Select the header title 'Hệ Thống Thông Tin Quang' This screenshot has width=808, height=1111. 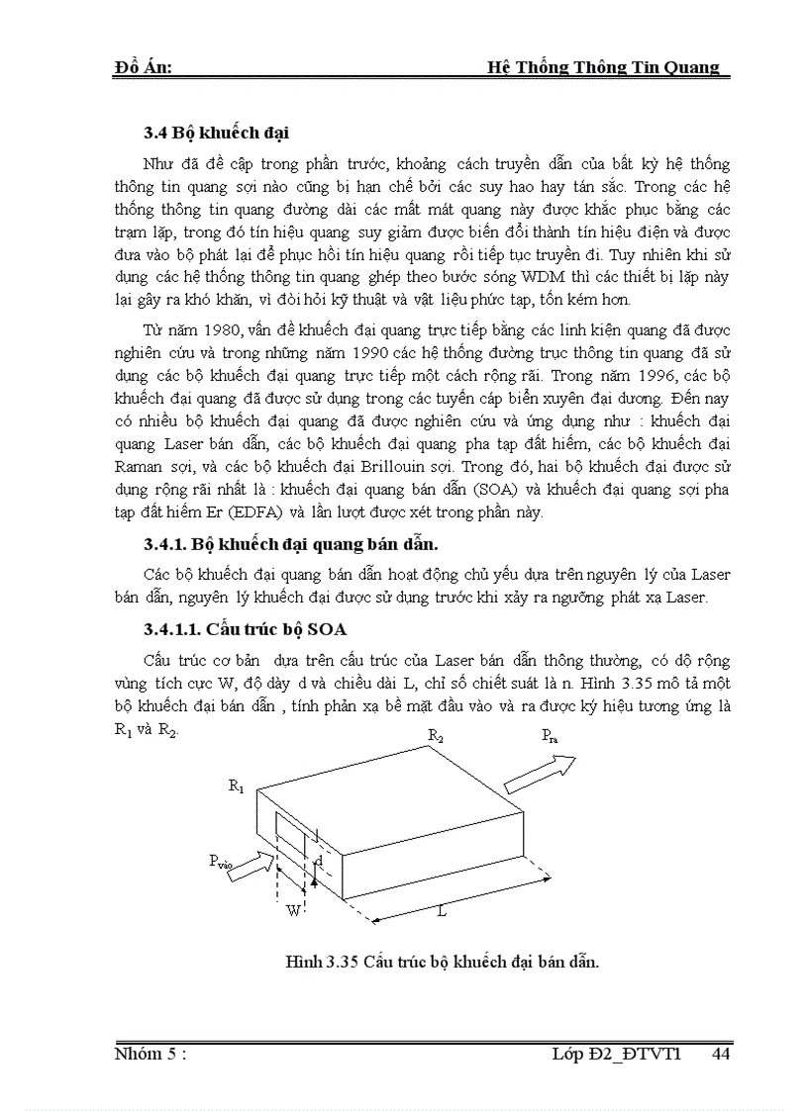pos(604,67)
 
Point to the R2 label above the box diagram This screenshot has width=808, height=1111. pos(436,735)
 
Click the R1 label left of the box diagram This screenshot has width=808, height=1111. pos(236,786)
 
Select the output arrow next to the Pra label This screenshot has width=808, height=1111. pos(539,774)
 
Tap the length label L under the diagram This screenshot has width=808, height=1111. pos(442,911)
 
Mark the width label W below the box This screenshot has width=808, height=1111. pos(293,910)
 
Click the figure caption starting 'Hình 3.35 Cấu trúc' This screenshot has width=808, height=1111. pos(442,962)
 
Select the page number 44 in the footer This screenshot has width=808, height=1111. pos(720,1055)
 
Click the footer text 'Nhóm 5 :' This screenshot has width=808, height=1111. pos(151,1055)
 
